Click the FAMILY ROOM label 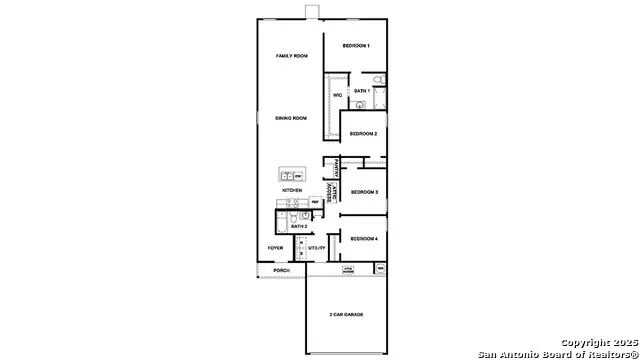291,56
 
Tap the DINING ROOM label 291,118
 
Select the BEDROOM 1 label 356,47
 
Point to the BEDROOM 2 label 363,133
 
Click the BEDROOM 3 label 363,191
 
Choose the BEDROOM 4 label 363,238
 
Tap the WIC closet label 338,96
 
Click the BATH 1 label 362,91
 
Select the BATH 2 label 298,226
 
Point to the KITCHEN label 292,190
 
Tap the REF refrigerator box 314,203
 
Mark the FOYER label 275,248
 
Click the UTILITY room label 317,248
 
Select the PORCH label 282,270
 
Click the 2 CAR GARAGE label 346,314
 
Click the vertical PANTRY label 339,167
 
